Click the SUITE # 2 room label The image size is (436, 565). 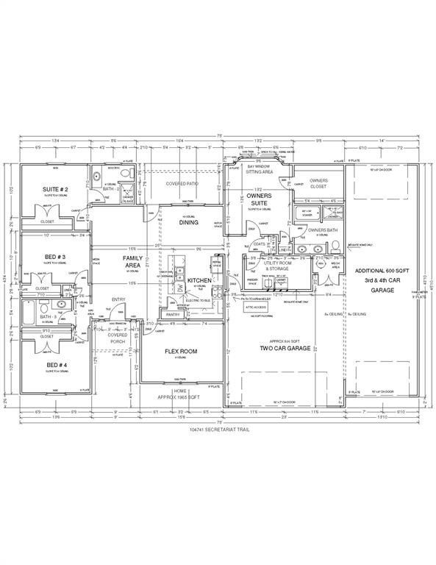coord(55,190)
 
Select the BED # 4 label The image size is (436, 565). coord(56,366)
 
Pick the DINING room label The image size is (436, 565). coord(190,221)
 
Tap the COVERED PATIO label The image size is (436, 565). coord(183,184)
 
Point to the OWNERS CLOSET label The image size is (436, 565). coord(318,184)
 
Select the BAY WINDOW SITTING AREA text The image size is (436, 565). coord(260,170)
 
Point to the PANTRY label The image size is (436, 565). coord(174,314)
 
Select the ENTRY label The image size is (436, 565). coord(118,299)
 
